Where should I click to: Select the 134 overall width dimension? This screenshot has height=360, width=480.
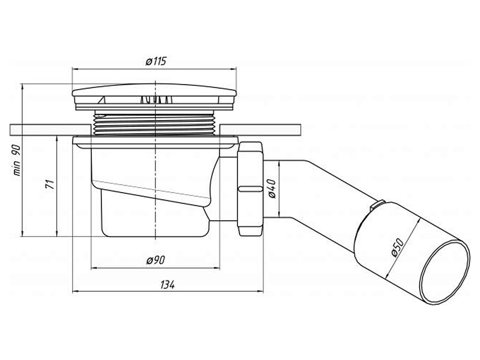coord(167,285)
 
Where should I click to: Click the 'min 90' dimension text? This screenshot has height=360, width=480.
coord(17,159)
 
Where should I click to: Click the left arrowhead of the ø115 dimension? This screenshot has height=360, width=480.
coord(74,69)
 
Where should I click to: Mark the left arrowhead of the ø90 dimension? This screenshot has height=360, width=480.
coord(94,267)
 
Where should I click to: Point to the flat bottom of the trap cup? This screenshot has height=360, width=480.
coord(155,235)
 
